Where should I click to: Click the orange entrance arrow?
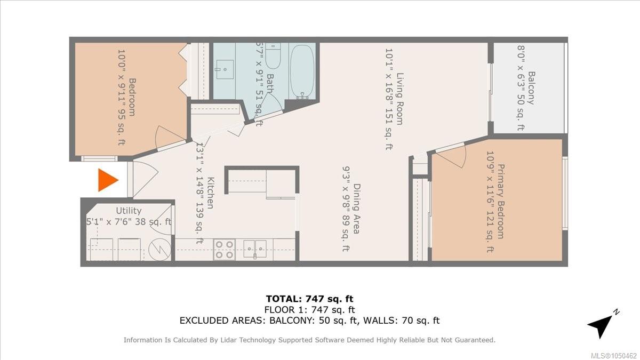click(x=108, y=180)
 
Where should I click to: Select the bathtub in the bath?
click(x=302, y=71)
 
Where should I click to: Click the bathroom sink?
click(x=225, y=69)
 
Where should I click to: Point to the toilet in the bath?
click(x=273, y=55)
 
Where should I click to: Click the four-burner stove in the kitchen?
click(x=225, y=250)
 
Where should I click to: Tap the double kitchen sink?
click(x=255, y=249)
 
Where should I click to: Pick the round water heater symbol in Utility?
click(x=159, y=250)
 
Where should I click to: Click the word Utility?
click(x=129, y=211)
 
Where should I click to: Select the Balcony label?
click(x=531, y=88)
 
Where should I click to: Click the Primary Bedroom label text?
click(x=501, y=202)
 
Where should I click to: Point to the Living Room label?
click(x=399, y=99)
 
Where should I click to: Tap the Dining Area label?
click(x=357, y=209)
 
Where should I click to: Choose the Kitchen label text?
click(x=211, y=193)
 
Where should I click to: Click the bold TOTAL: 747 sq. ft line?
click(x=310, y=299)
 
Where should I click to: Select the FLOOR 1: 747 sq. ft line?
click(x=310, y=310)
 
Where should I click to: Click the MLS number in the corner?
click(x=615, y=356)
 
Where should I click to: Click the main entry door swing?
click(x=145, y=179)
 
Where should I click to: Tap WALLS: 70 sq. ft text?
click(x=401, y=321)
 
